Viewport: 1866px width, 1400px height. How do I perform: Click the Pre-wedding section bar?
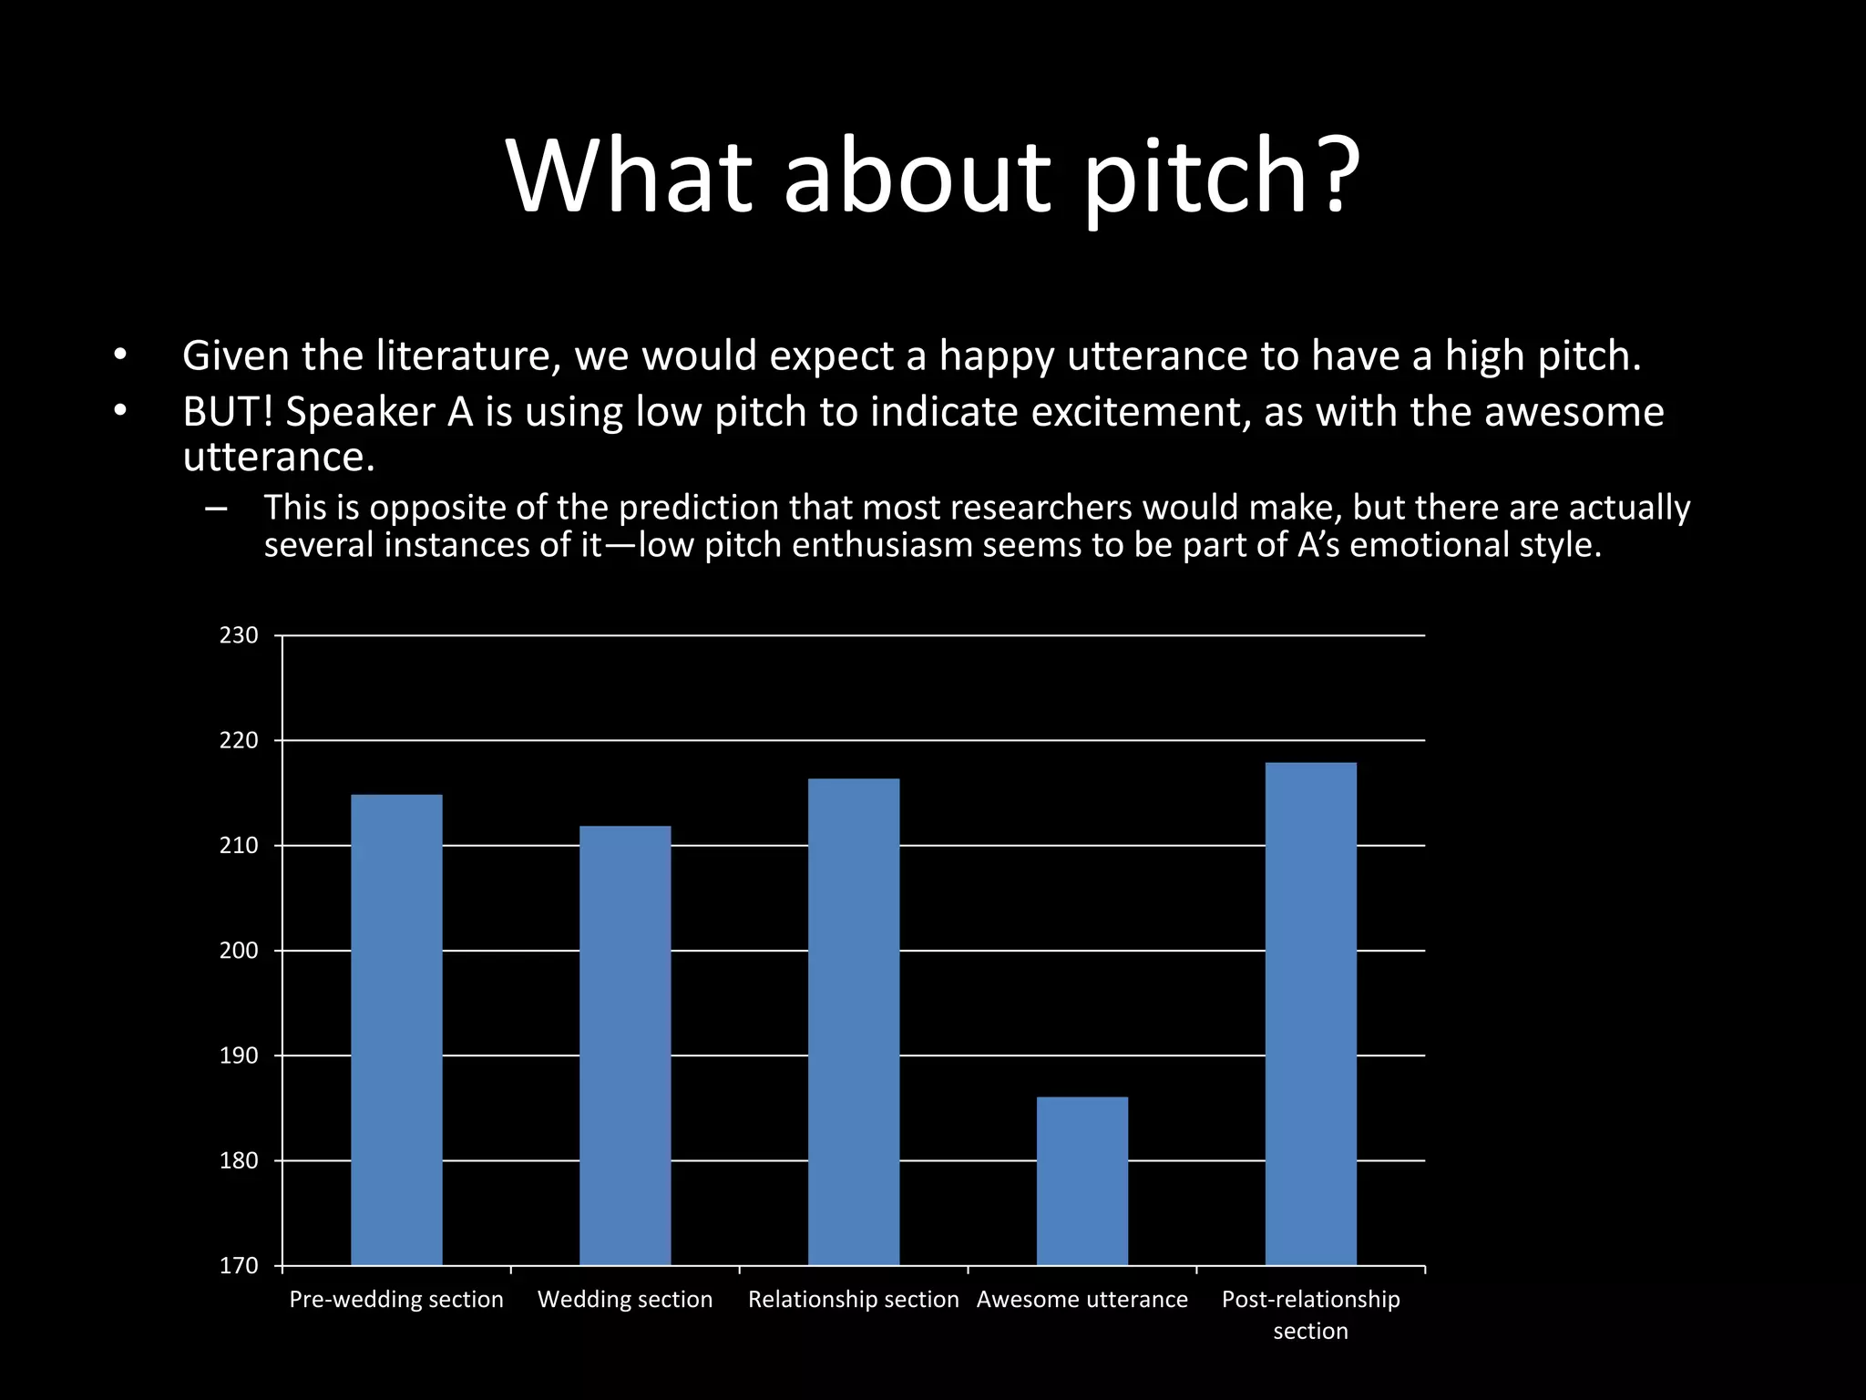[396, 1030]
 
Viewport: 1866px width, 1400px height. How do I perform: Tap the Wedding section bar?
[625, 1045]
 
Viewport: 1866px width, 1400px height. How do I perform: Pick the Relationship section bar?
[854, 1022]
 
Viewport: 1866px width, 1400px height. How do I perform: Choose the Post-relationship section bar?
[1310, 1014]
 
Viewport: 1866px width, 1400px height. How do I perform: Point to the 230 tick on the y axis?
[239, 635]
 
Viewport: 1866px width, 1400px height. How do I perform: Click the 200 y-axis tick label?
[239, 951]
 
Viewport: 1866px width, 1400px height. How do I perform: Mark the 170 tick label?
[239, 1266]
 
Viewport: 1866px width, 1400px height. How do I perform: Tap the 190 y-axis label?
[239, 1055]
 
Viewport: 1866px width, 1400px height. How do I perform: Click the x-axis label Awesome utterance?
[1082, 1300]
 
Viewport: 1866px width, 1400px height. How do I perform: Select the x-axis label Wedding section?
[625, 1300]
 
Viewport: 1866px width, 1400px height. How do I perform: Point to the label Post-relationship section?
[1310, 1314]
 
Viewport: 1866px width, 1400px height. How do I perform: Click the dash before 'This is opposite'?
[217, 509]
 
